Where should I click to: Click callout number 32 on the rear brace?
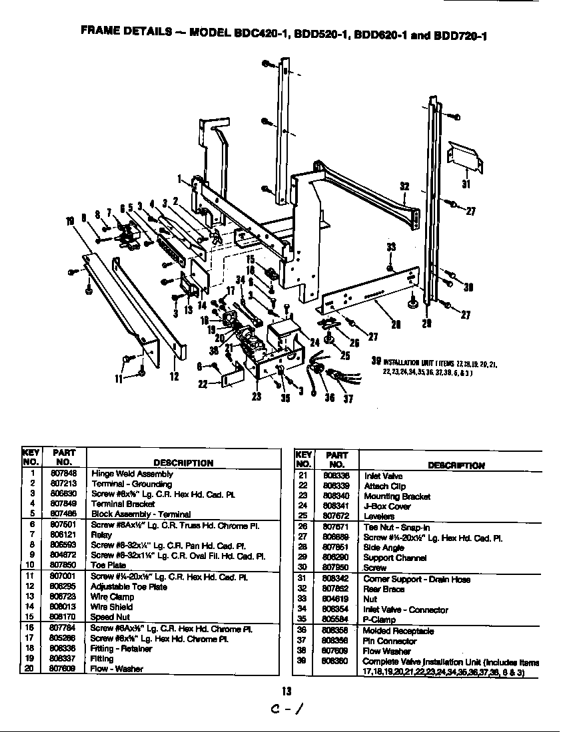click(x=404, y=186)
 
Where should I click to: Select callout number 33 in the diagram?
click(x=391, y=247)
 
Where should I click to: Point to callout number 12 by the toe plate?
click(x=175, y=377)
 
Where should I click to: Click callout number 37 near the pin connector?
click(x=347, y=399)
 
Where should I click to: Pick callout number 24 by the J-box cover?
click(x=315, y=343)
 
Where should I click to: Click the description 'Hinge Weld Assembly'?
click(x=132, y=474)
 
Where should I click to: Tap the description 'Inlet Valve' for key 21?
click(x=383, y=476)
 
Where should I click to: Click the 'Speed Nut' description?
click(x=110, y=617)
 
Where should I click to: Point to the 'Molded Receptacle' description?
click(x=398, y=631)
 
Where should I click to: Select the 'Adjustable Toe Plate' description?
click(x=129, y=587)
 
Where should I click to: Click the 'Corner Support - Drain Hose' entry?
click(x=416, y=579)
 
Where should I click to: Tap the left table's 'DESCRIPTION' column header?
click(x=183, y=462)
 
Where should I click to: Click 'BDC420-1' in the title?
click(x=259, y=34)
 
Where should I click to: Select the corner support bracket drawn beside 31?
click(x=464, y=155)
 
